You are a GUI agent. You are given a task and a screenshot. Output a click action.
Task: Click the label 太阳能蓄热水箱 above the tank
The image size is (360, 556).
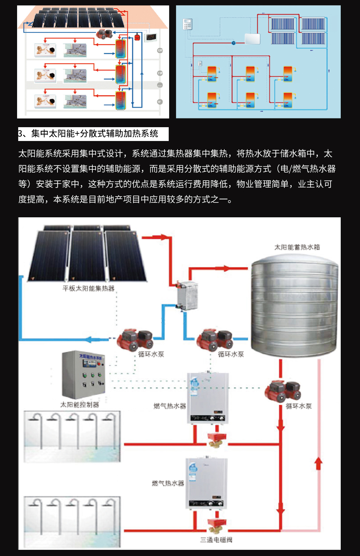pyautogui.click(x=297, y=247)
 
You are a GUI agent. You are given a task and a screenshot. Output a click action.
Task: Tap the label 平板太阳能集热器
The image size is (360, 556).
pyautogui.click(x=88, y=289)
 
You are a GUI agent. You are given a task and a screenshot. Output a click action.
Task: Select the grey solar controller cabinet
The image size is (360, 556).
pyautogui.click(x=84, y=374)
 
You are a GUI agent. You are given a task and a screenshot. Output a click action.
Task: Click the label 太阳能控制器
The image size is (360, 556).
pyautogui.click(x=80, y=404)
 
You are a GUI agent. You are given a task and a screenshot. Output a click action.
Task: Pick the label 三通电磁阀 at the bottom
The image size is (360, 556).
pyautogui.click(x=216, y=540)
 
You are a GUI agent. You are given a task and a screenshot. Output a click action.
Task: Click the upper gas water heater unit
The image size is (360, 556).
pyautogui.click(x=208, y=398)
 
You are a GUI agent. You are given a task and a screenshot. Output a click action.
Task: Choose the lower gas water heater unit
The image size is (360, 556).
pyautogui.click(x=206, y=483)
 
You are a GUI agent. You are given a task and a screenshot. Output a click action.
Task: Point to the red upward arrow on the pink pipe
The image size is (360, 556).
pyautogui.click(x=318, y=463)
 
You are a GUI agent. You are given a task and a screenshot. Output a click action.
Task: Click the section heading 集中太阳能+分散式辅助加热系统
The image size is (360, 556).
pyautogui.click(x=93, y=134)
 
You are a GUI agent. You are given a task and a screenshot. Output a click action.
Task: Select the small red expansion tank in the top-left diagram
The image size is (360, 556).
pyautogui.click(x=137, y=37)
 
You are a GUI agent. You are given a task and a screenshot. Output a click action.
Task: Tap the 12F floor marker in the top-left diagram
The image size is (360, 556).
pyautogui.click(x=160, y=51)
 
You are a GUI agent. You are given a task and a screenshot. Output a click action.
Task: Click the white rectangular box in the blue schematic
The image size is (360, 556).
pyautogui.click(x=252, y=39)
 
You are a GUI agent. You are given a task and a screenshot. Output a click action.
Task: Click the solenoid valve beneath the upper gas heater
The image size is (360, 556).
pyautogui.click(x=217, y=440)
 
